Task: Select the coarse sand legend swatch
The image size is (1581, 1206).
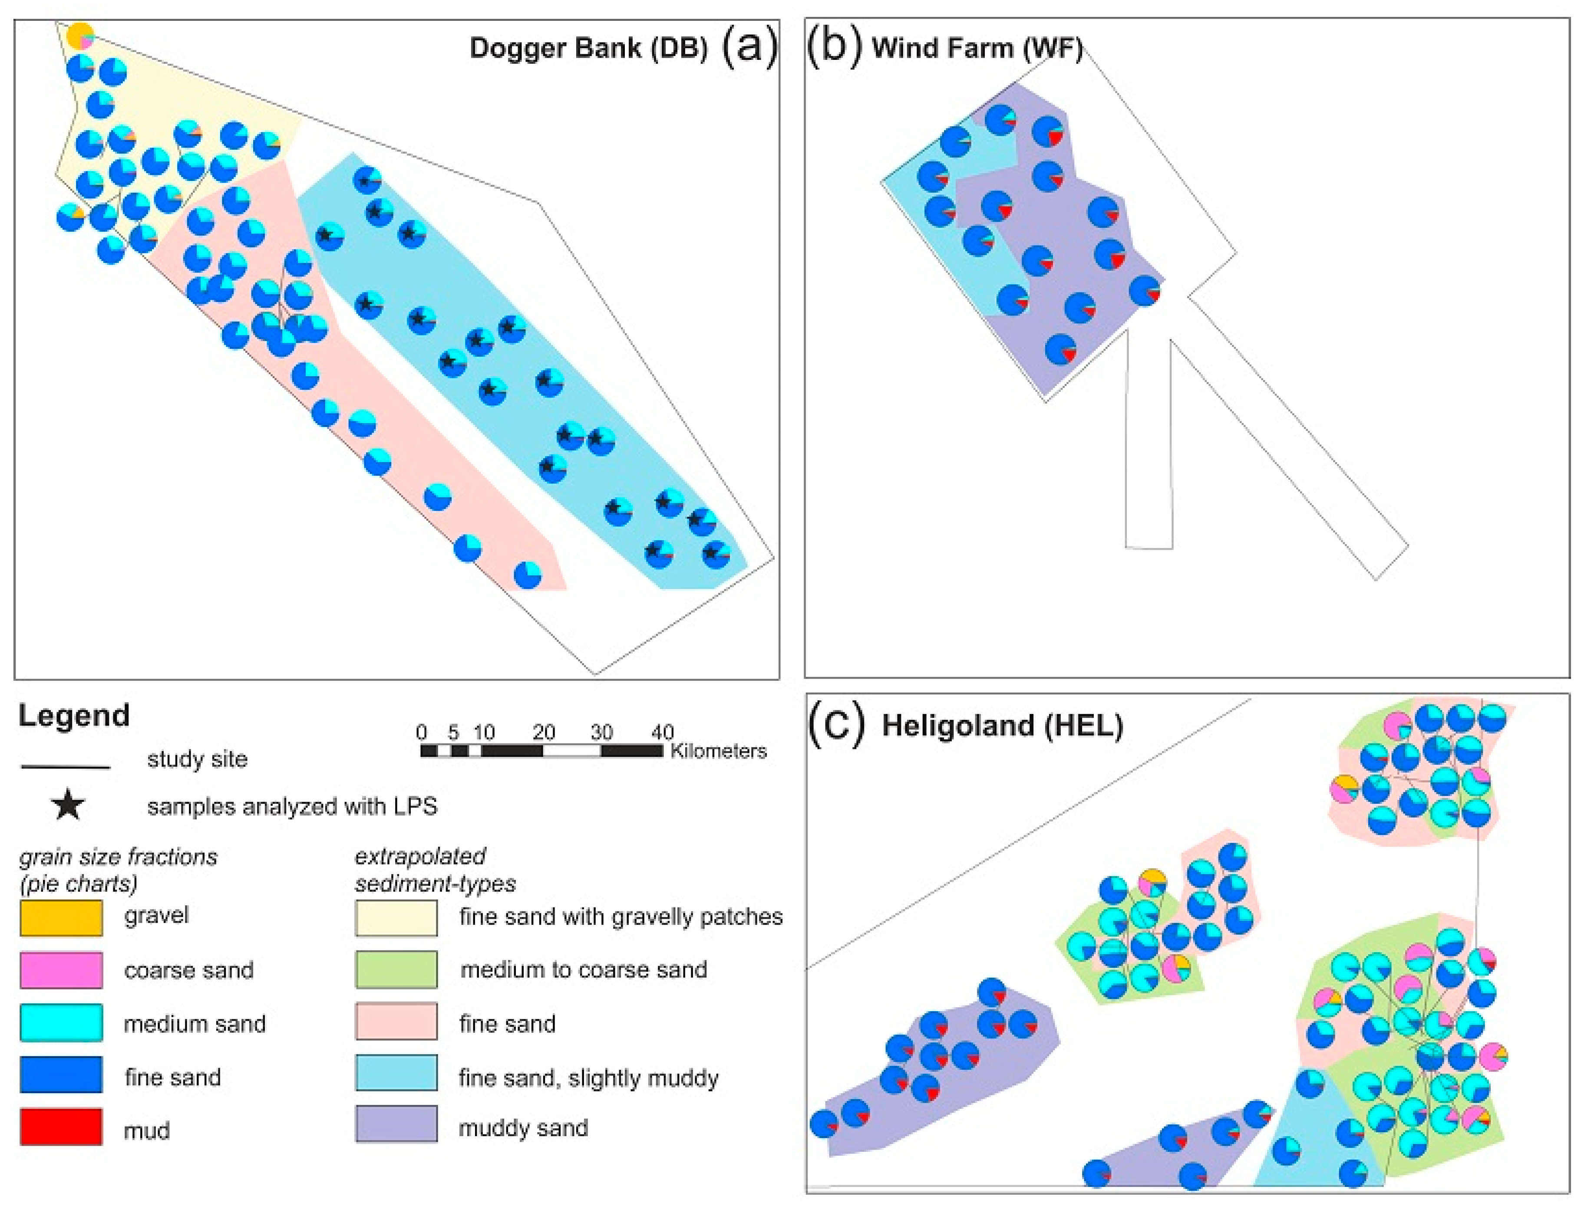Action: point(61,970)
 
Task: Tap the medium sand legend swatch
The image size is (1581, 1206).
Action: point(61,1022)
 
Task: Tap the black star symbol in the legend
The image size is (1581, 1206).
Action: point(68,805)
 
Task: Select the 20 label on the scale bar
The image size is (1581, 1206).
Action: point(544,732)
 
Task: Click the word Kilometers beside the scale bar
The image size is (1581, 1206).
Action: point(718,751)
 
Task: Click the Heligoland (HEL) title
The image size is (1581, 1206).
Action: point(1002,725)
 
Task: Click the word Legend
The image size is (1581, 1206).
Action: point(74,716)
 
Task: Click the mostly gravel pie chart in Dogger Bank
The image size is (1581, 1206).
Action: point(80,36)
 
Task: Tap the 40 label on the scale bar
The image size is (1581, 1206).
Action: point(662,732)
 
